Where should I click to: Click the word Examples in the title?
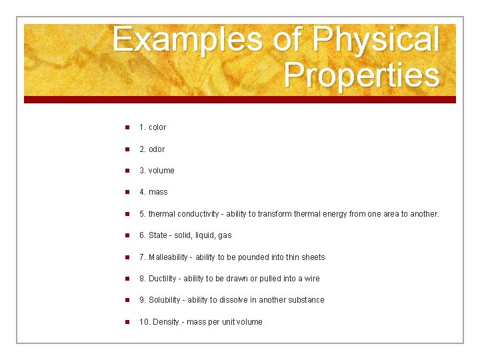click(189, 40)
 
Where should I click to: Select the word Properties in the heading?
click(361, 75)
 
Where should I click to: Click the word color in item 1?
click(157, 127)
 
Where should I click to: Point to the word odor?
click(157, 149)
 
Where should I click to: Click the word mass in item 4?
click(158, 192)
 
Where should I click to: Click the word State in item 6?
click(158, 235)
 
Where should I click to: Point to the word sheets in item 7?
click(313, 257)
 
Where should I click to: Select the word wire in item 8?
click(312, 279)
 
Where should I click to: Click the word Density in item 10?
click(167, 322)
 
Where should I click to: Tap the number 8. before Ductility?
click(143, 279)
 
